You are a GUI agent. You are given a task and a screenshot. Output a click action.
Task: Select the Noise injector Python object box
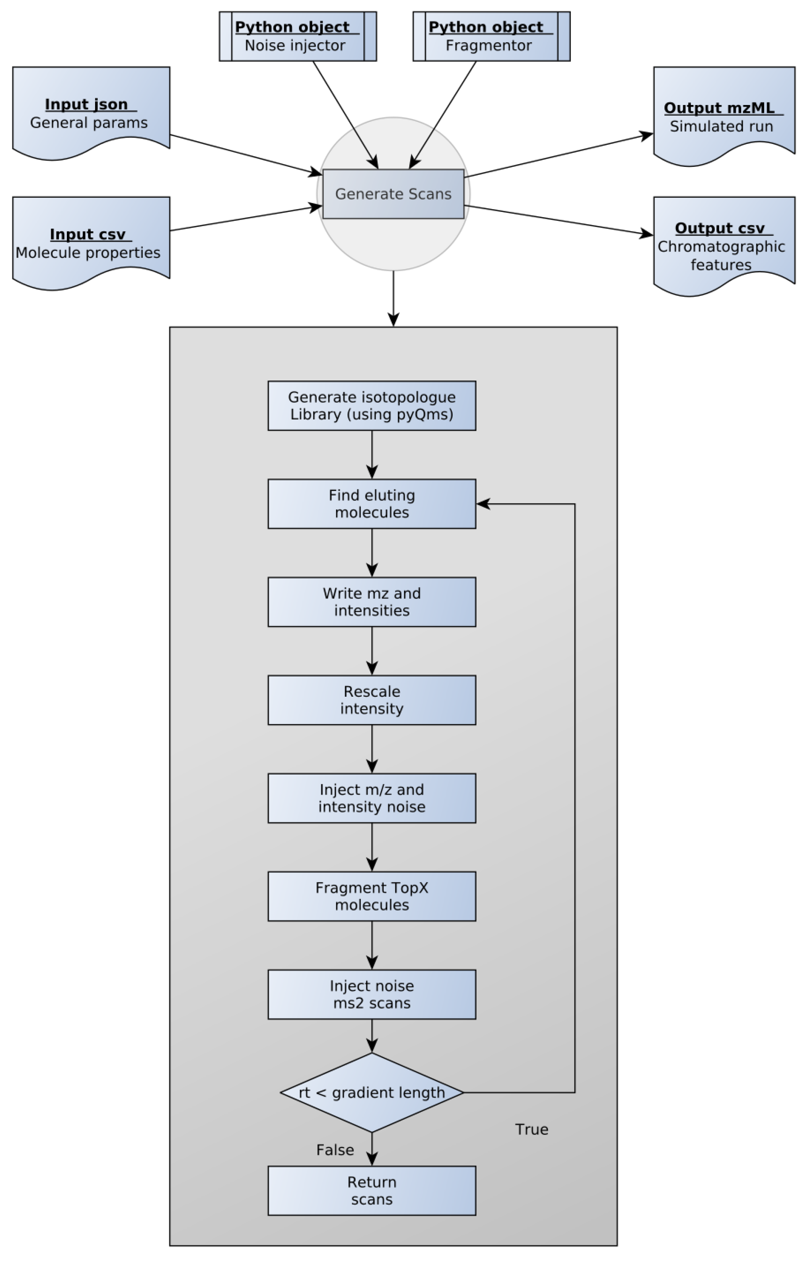point(297,37)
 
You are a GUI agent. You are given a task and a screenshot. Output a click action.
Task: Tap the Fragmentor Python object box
point(491,37)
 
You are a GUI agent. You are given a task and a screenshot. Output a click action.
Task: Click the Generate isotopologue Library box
point(372,405)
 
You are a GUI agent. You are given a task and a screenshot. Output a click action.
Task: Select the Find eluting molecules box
point(372,504)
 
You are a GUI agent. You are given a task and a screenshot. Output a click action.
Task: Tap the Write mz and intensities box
point(372,602)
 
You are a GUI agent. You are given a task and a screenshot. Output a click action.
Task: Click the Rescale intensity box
point(372,700)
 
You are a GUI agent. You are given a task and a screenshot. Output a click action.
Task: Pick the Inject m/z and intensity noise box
point(372,798)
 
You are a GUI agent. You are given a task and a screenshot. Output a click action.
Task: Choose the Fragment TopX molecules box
point(372,896)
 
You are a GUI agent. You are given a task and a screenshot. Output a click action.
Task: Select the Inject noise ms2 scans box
point(372,994)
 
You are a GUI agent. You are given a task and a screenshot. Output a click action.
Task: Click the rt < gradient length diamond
point(372,1093)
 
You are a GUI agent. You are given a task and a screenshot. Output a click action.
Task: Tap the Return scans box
point(372,1191)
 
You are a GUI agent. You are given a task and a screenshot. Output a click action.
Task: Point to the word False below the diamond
point(335,1150)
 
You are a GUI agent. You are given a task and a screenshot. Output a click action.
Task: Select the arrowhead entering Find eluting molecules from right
point(483,504)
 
